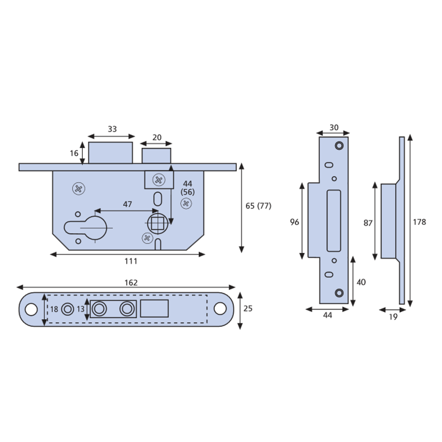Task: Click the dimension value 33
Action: (x=112, y=129)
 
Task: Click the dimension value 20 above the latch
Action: (x=157, y=137)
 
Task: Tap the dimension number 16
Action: (x=74, y=153)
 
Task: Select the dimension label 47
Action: (x=127, y=204)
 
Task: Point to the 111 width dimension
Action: (x=131, y=261)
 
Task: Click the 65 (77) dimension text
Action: (x=259, y=206)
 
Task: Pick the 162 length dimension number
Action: (x=131, y=282)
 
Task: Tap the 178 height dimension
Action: (x=420, y=222)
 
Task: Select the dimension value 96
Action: (x=294, y=222)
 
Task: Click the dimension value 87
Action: (x=368, y=223)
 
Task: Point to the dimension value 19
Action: (x=392, y=316)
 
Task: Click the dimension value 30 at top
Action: (x=334, y=127)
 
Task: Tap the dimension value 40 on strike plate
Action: (x=361, y=282)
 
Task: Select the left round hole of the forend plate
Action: (x=31, y=309)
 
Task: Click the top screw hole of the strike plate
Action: (x=339, y=145)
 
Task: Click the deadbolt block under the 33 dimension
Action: (x=110, y=153)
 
